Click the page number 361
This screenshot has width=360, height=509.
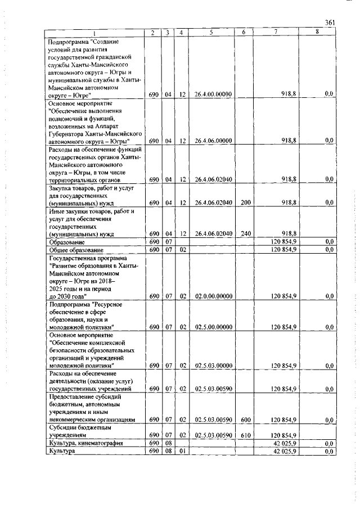pyautogui.click(x=330, y=22)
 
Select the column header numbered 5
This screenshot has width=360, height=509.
pyautogui.click(x=211, y=33)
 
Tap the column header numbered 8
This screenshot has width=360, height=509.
pyautogui.click(x=317, y=33)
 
